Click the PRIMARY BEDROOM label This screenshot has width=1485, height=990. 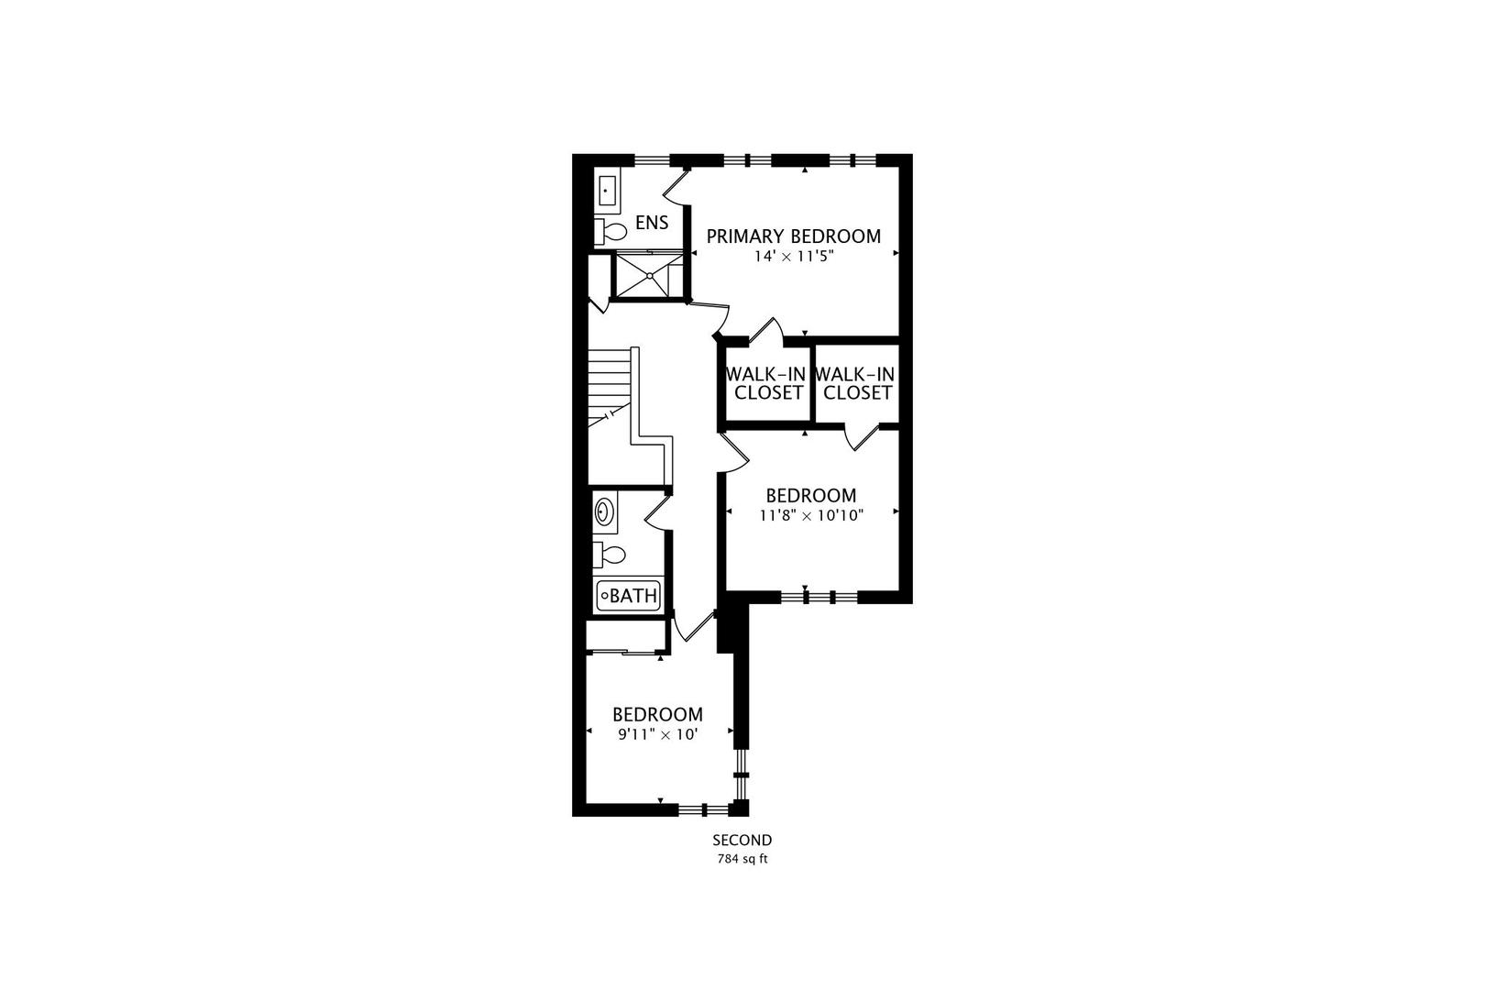793,236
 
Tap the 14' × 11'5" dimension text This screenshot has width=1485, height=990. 793,257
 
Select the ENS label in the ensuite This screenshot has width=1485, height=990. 652,223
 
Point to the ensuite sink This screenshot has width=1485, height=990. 607,192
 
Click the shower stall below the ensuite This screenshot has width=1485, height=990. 648,274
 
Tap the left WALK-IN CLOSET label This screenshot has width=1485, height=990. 766,383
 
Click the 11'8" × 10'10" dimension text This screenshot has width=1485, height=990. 811,515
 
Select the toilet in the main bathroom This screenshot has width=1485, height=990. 610,555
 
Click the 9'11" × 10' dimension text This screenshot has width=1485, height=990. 657,733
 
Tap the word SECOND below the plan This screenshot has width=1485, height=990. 742,840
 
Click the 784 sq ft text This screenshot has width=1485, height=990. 742,859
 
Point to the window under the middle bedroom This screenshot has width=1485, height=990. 819,597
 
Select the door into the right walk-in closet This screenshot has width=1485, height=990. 863,437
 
